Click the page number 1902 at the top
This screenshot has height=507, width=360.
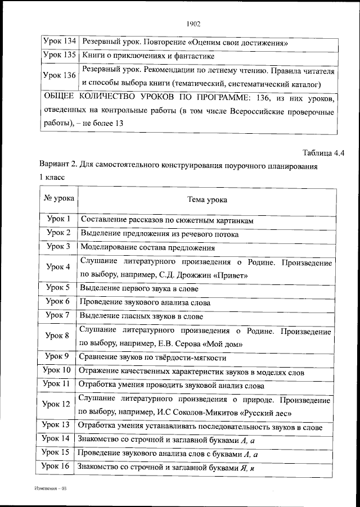point(193,24)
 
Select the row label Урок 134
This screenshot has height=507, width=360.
point(59,42)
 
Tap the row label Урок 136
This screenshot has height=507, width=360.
point(59,76)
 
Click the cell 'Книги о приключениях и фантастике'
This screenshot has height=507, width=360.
point(147,57)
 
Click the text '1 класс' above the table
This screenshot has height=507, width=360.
point(52,177)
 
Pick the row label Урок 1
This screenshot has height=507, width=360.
point(58,220)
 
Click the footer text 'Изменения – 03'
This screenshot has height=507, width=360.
point(50,489)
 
